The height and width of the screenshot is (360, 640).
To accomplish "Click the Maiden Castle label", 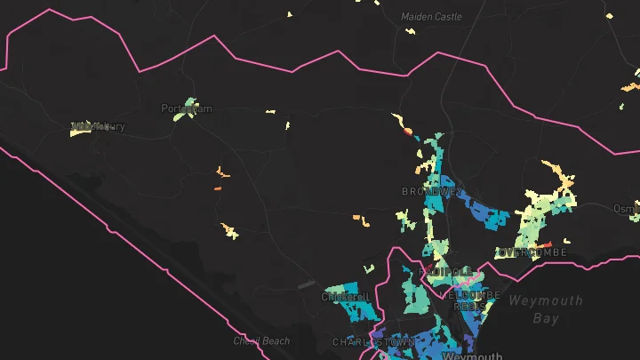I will [x=431, y=17].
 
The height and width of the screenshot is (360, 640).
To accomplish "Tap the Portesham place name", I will [x=188, y=108].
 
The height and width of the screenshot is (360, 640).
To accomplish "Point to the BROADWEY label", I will [x=432, y=192].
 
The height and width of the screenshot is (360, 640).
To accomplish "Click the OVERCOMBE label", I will [x=531, y=253].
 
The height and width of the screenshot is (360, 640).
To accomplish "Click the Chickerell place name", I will [x=346, y=296].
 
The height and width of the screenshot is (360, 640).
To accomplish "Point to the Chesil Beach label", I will [x=261, y=340].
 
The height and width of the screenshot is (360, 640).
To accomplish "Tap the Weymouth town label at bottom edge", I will [x=466, y=356].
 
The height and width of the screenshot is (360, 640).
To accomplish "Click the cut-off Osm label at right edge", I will [x=626, y=208].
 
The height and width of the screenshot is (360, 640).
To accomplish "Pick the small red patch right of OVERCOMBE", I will [x=548, y=244].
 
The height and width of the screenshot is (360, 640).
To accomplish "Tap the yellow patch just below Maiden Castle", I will [x=411, y=32].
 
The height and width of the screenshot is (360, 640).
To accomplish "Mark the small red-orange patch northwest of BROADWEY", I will [x=408, y=132].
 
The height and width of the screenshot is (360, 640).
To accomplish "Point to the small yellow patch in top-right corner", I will [x=609, y=15].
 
